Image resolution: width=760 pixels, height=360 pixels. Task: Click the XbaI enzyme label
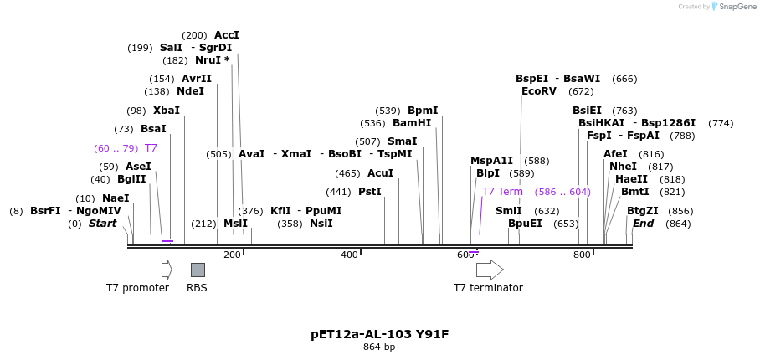point(166,111)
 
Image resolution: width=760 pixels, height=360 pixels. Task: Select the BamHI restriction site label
point(412,123)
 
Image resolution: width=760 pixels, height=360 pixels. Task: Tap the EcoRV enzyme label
point(538,91)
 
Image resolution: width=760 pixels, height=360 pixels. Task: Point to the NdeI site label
point(190,91)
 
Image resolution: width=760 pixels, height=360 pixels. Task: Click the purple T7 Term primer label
point(502,192)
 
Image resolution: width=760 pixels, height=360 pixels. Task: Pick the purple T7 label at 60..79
point(151,148)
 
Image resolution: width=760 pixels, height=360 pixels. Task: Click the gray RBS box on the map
point(198,270)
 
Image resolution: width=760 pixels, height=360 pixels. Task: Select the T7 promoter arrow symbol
point(167,270)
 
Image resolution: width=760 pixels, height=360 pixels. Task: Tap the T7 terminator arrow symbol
point(490,270)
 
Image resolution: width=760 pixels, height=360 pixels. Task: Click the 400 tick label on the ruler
point(349,255)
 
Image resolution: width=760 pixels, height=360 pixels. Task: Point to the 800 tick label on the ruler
point(582,255)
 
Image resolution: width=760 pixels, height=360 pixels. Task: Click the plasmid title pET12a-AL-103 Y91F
point(379,334)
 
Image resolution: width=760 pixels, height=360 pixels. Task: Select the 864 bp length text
point(379,347)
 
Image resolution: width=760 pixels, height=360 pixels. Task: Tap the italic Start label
point(103,224)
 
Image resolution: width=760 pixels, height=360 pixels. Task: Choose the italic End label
point(643,224)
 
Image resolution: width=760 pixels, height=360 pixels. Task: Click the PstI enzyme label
point(369,192)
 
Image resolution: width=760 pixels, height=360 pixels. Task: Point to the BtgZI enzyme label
point(642,211)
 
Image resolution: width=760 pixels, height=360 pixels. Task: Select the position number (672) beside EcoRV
point(581,91)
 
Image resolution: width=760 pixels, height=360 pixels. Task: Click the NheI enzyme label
point(623,167)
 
